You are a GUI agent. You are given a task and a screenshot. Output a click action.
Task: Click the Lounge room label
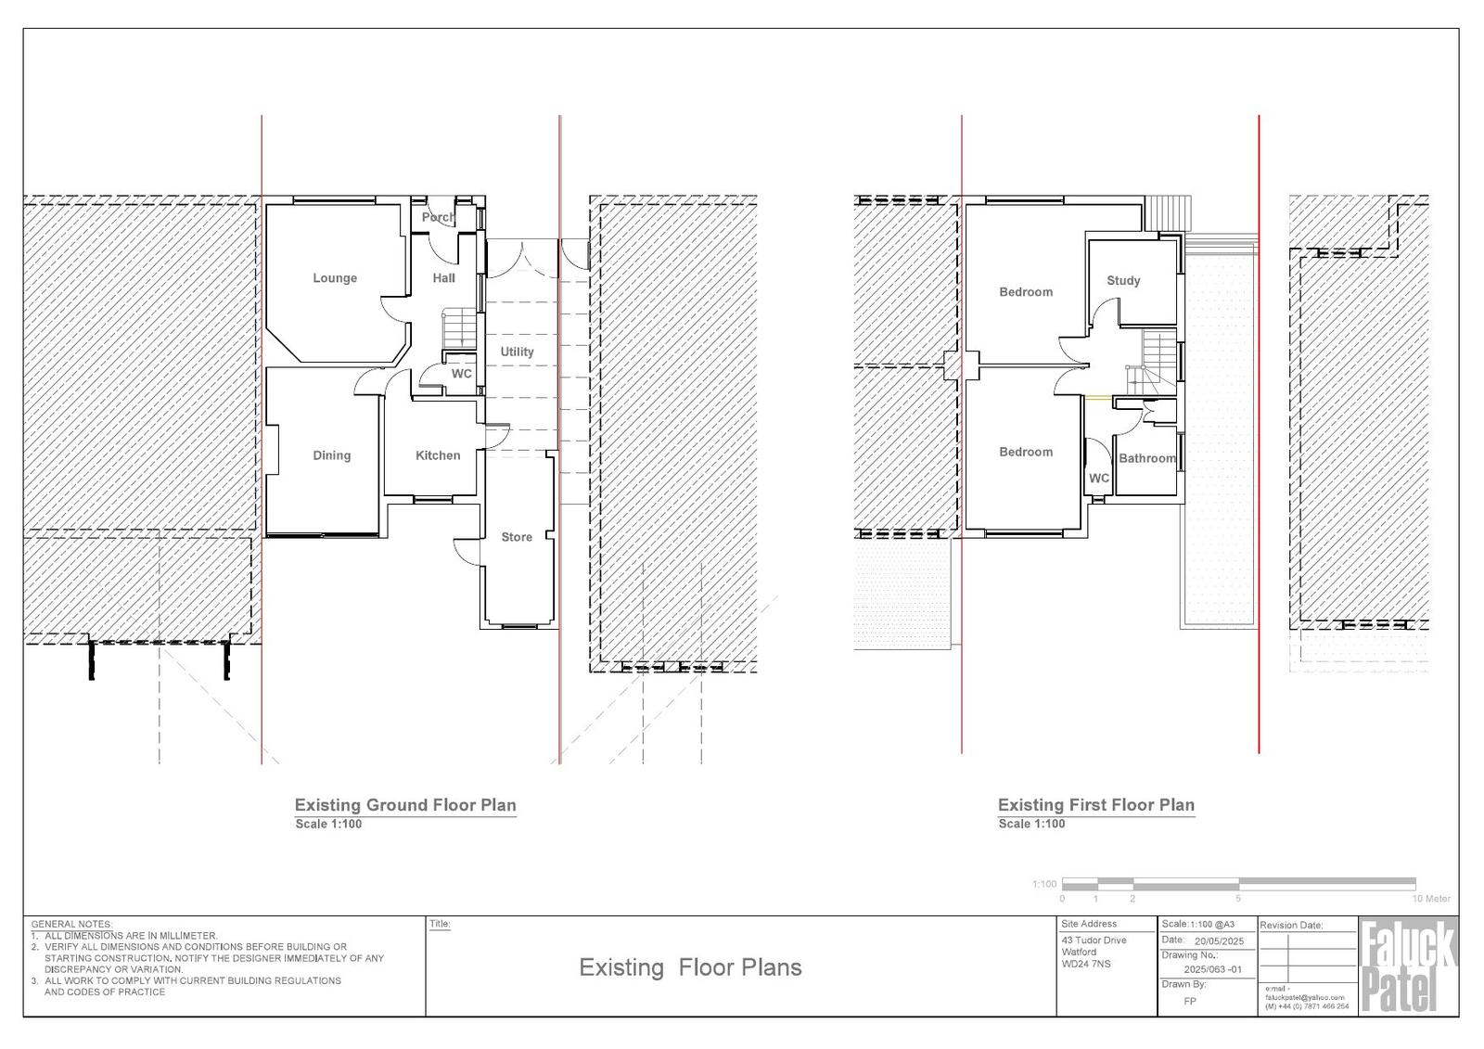[x=335, y=278]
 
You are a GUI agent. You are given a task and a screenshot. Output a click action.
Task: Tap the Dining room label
[x=331, y=455]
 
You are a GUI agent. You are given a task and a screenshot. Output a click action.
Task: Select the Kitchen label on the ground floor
[x=437, y=455]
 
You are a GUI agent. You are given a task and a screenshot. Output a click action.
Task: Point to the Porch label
[x=438, y=217]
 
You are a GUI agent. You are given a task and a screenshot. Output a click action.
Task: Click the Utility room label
[x=517, y=352]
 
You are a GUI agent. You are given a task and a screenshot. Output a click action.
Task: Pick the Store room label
[x=517, y=537]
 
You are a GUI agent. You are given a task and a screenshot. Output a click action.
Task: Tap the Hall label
[x=444, y=278]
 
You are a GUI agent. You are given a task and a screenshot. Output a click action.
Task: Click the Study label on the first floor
[x=1123, y=280]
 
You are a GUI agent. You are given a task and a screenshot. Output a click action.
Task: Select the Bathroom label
[x=1146, y=458]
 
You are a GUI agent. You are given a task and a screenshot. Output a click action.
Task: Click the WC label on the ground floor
[x=462, y=374]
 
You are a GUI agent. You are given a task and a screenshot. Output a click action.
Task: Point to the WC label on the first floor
[x=1098, y=478]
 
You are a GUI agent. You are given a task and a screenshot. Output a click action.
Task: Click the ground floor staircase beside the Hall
[x=459, y=328]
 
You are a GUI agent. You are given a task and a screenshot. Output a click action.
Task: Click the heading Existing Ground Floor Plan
[x=404, y=805]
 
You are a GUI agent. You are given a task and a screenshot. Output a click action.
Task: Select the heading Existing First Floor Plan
[x=1095, y=805]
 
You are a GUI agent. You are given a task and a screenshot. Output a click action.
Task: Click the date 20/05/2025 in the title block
[x=1219, y=941]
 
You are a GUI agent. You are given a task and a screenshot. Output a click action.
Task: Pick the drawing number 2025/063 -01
[x=1213, y=969]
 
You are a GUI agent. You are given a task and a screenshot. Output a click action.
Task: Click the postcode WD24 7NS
[x=1086, y=964]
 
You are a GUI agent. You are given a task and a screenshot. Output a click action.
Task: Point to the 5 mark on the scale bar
[x=1237, y=899]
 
